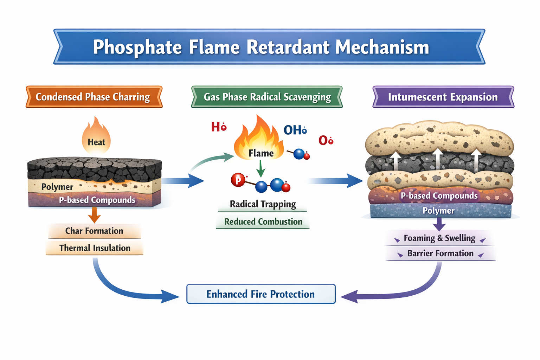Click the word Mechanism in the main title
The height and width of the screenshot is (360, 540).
(382, 47)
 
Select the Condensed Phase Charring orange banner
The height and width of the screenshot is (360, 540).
(94, 97)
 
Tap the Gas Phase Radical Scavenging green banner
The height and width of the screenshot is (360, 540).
(267, 97)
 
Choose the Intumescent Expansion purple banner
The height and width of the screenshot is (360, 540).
(443, 97)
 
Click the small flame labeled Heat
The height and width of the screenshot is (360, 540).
(96, 137)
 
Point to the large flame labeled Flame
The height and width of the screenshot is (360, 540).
(259, 141)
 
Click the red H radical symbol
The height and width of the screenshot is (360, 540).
(218, 127)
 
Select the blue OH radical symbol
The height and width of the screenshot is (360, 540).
(295, 130)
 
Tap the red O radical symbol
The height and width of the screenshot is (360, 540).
(326, 140)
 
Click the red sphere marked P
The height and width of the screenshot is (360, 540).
(238, 180)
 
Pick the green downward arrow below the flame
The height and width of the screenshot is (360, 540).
(261, 168)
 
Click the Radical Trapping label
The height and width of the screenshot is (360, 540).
(263, 204)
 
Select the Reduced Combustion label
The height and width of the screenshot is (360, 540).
(263, 222)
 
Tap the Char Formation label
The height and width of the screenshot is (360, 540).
(94, 231)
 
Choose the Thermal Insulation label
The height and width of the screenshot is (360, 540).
(95, 248)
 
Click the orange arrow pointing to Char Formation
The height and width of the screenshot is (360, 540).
(94, 214)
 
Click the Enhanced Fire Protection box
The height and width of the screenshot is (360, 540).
(261, 294)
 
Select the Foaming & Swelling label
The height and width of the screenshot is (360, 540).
(439, 238)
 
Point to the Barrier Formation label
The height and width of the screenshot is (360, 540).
(440, 253)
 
